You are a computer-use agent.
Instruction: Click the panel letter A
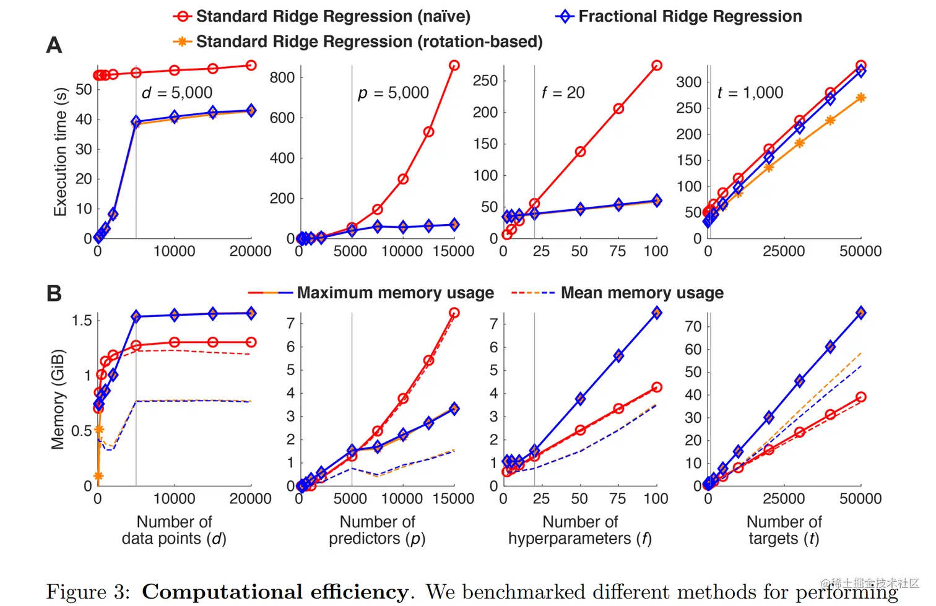click(54, 45)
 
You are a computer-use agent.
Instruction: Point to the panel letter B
click(54, 293)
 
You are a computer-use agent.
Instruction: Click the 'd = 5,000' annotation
click(177, 93)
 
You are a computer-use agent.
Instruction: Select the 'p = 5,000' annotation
click(394, 93)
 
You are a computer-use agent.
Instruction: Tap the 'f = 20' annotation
click(563, 93)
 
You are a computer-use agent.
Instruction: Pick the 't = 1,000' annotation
click(750, 93)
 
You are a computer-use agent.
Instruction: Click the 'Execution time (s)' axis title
click(60, 152)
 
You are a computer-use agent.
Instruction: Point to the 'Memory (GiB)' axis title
click(58, 399)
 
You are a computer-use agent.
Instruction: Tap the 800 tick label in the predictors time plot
click(282, 78)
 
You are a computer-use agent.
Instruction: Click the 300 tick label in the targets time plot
click(689, 82)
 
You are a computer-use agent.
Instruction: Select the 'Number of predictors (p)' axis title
click(377, 530)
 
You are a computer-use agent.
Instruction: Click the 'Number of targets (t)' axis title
click(784, 530)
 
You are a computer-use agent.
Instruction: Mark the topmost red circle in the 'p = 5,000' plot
click(454, 66)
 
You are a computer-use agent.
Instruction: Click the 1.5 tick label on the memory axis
click(82, 321)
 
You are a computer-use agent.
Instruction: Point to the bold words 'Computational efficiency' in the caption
click(275, 592)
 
